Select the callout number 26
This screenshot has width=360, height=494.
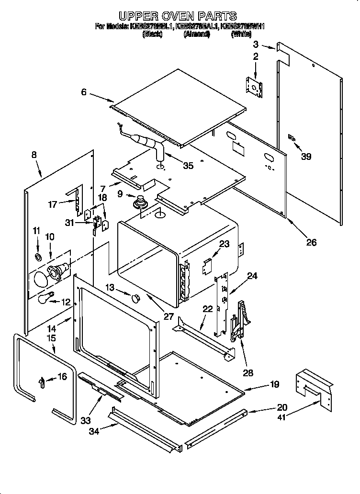click(x=311, y=243)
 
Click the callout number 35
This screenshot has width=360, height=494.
click(x=188, y=166)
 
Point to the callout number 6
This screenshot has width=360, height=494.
click(x=84, y=92)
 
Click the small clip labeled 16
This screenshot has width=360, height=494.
click(x=42, y=381)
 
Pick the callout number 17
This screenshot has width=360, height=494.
click(x=52, y=204)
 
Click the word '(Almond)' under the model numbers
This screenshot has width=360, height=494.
click(x=197, y=34)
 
